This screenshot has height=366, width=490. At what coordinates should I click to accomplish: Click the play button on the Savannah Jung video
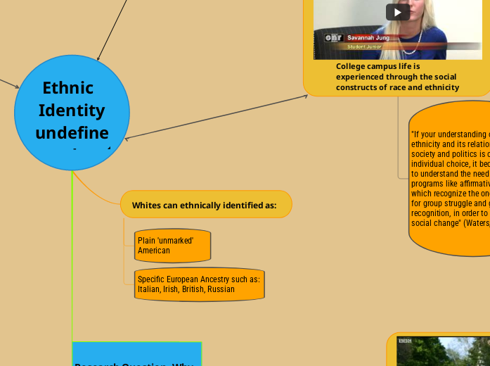click(398, 12)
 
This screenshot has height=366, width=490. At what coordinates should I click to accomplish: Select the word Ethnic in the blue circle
click(68, 88)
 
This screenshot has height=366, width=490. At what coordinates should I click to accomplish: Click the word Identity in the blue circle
click(72, 111)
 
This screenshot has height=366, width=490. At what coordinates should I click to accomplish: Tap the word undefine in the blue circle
click(72, 133)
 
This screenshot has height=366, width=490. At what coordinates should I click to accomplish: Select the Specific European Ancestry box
click(199, 284)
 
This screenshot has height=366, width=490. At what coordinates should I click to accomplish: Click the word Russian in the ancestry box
click(221, 289)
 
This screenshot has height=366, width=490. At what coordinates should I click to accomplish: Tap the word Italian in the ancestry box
click(148, 289)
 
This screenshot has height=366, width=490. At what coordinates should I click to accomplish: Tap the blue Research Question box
click(136, 355)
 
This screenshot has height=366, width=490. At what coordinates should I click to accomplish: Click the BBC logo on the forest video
click(406, 341)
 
